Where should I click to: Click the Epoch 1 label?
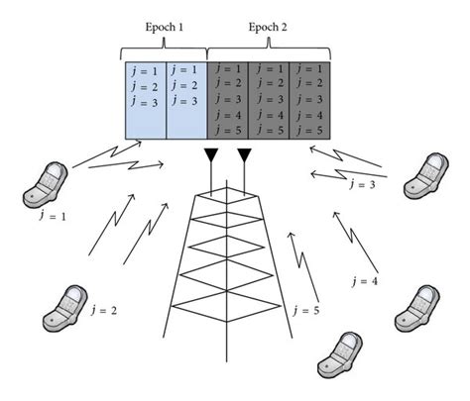coord(165,29)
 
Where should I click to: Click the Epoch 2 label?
coord(268,29)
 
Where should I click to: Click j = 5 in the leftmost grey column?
coord(227,129)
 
